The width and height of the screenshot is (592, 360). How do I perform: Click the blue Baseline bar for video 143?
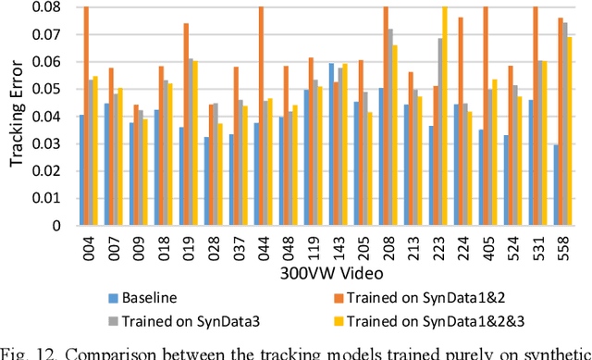pyautogui.click(x=332, y=143)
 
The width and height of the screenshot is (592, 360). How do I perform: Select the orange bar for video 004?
pyautogui.click(x=86, y=116)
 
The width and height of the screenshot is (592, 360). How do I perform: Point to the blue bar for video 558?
pyautogui.click(x=556, y=184)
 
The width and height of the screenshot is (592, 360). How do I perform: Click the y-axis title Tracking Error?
pyautogui.click(x=18, y=117)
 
